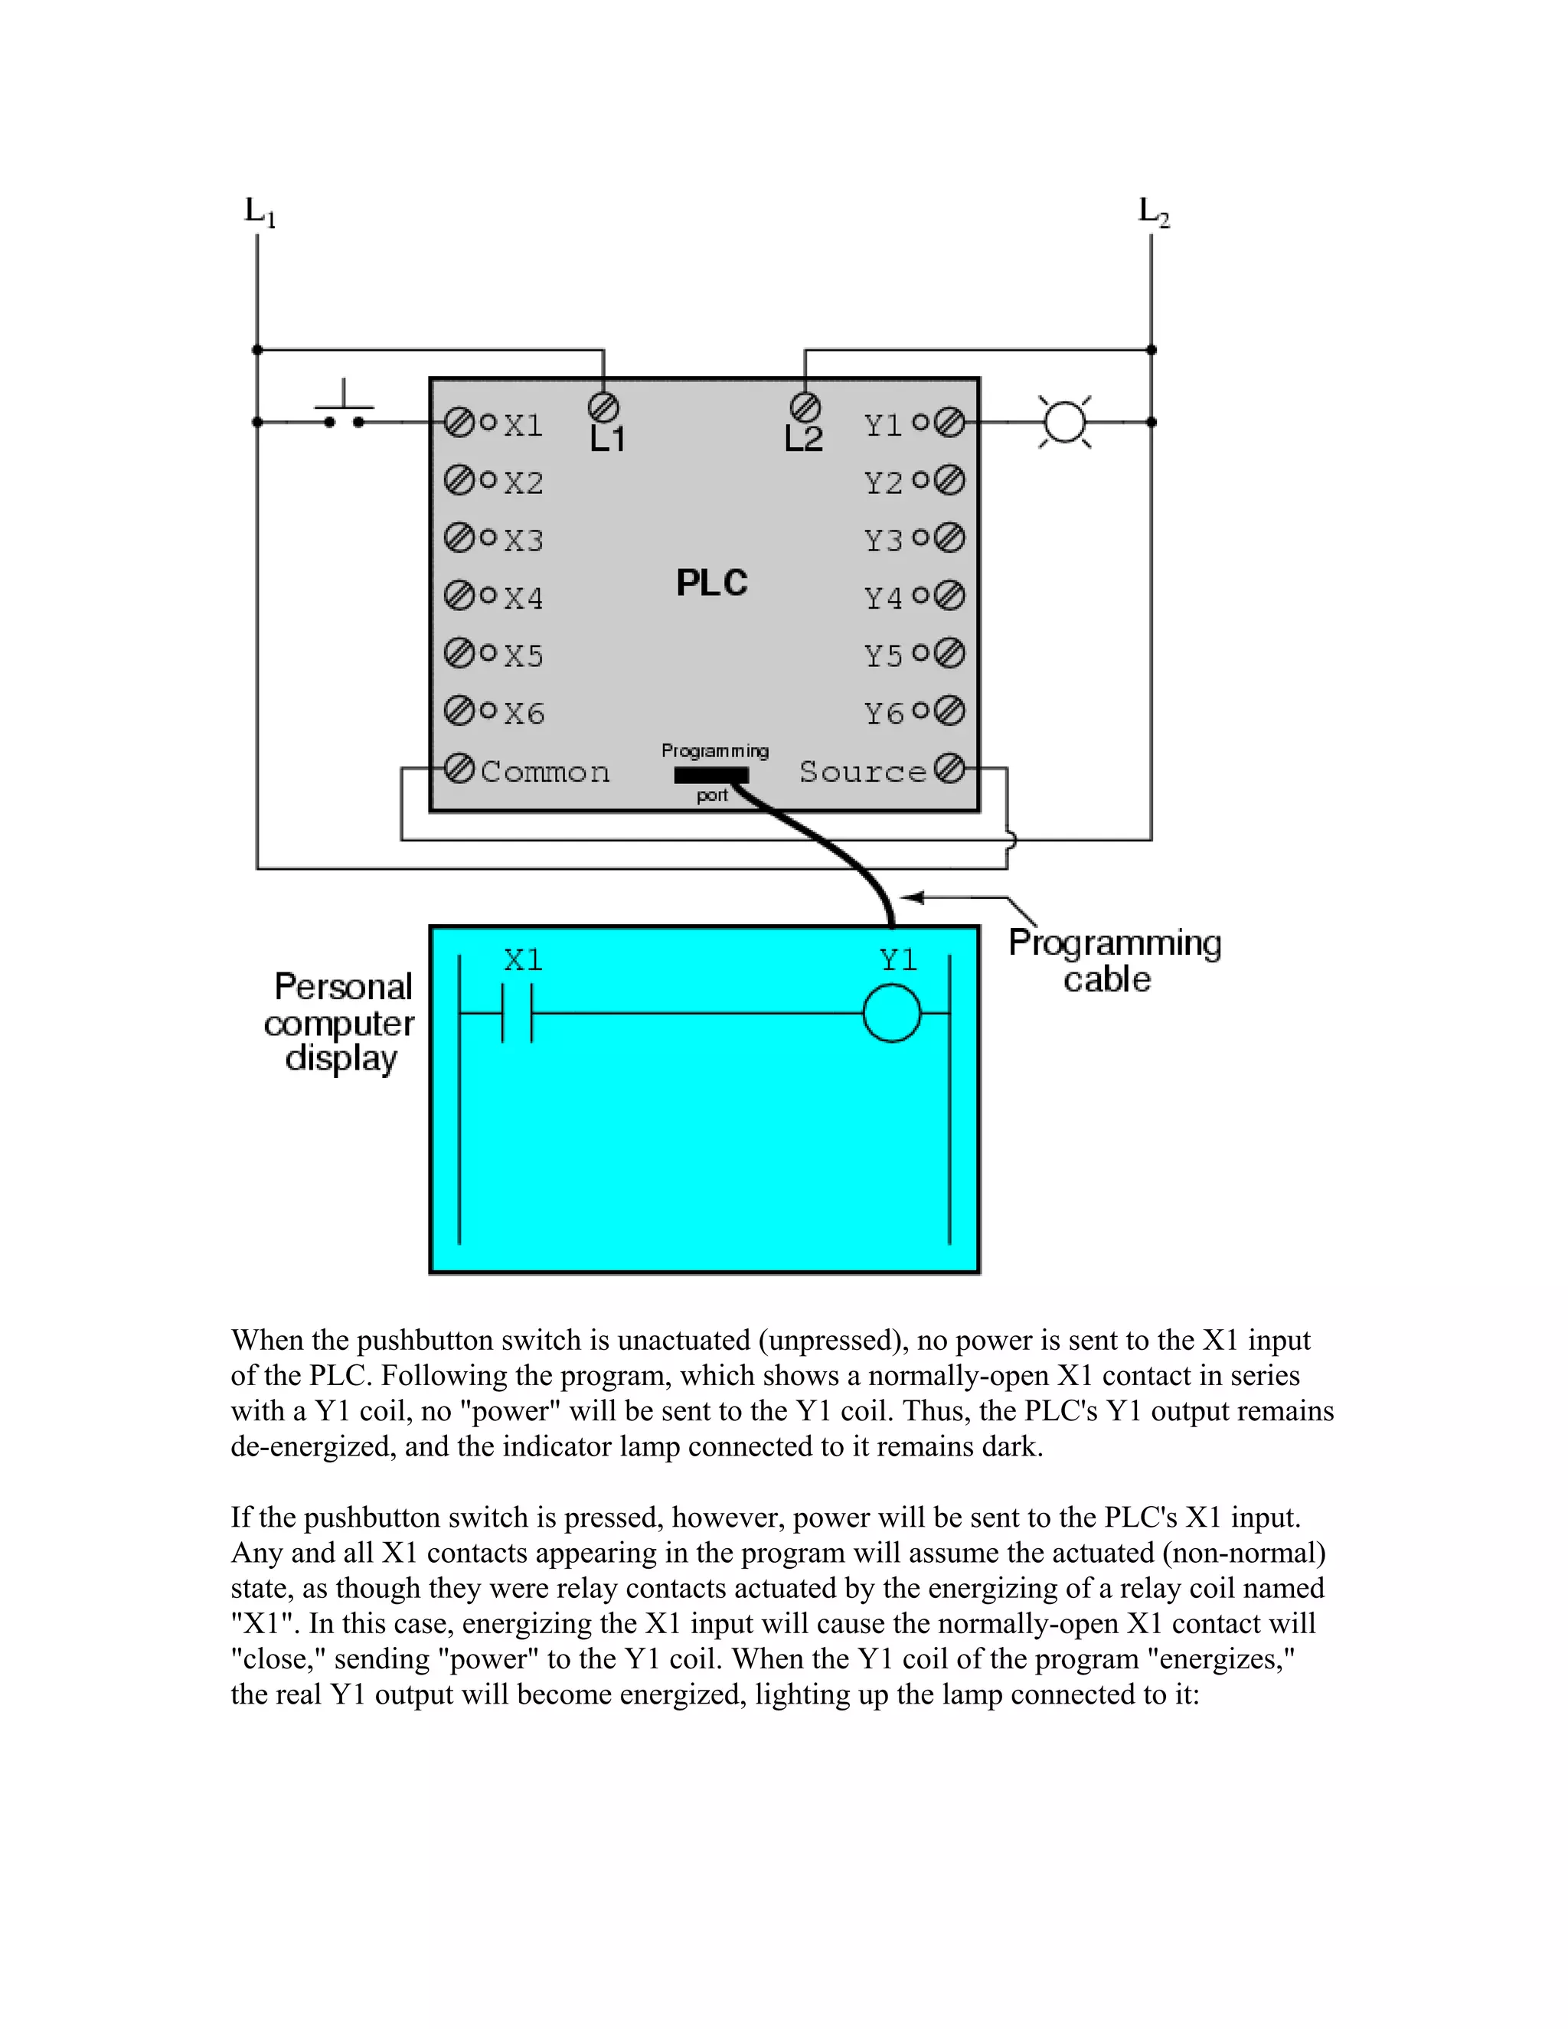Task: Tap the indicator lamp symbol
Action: [x=1064, y=422]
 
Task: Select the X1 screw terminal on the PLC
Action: [x=459, y=423]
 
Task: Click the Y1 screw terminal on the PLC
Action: [x=949, y=423]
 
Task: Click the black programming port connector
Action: [x=710, y=776]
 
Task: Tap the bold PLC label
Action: [x=711, y=583]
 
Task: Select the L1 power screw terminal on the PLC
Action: [x=604, y=407]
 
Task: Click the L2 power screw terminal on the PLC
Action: [x=805, y=407]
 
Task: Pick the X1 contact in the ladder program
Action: [x=518, y=1013]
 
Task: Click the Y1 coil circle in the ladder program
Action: [x=892, y=1013]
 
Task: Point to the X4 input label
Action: [x=523, y=597]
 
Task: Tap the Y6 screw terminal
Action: [x=949, y=711]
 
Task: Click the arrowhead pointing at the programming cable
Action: [x=911, y=897]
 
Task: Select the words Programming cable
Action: [x=1114, y=961]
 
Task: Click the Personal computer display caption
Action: [x=341, y=1022]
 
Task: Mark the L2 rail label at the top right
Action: [x=1154, y=212]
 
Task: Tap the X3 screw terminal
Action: [x=459, y=538]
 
